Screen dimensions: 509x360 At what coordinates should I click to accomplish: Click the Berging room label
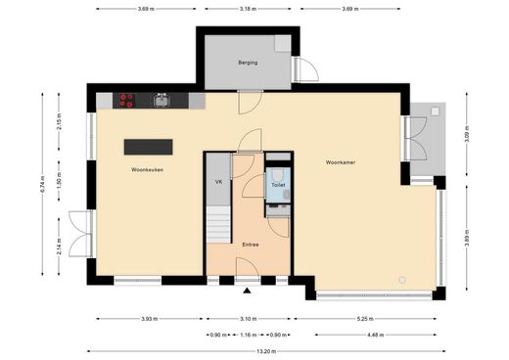(248, 63)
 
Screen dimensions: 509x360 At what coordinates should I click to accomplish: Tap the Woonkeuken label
(147, 169)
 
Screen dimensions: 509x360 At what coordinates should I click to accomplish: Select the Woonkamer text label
(341, 162)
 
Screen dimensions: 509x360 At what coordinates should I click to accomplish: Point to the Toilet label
(278, 185)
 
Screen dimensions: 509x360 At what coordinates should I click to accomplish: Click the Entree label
(251, 245)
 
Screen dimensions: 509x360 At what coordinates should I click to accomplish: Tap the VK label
(218, 182)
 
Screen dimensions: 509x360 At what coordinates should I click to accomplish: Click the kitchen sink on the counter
(162, 100)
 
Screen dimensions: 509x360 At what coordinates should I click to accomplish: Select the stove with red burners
(126, 101)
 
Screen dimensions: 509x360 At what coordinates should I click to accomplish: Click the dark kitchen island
(148, 147)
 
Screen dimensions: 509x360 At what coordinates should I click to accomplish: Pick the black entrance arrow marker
(247, 291)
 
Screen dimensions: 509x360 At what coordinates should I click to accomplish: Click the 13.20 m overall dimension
(266, 351)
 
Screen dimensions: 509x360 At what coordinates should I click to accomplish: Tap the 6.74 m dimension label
(43, 184)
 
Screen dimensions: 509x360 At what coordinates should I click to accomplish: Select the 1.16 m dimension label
(249, 335)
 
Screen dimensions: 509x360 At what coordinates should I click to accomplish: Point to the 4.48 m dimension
(376, 335)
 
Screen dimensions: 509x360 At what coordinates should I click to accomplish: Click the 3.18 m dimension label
(248, 9)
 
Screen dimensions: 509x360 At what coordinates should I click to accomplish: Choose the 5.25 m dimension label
(365, 319)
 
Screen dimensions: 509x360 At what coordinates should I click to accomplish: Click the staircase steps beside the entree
(218, 225)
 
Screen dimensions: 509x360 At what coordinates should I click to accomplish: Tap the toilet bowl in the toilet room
(278, 175)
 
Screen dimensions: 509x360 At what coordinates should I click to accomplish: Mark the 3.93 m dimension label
(150, 319)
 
